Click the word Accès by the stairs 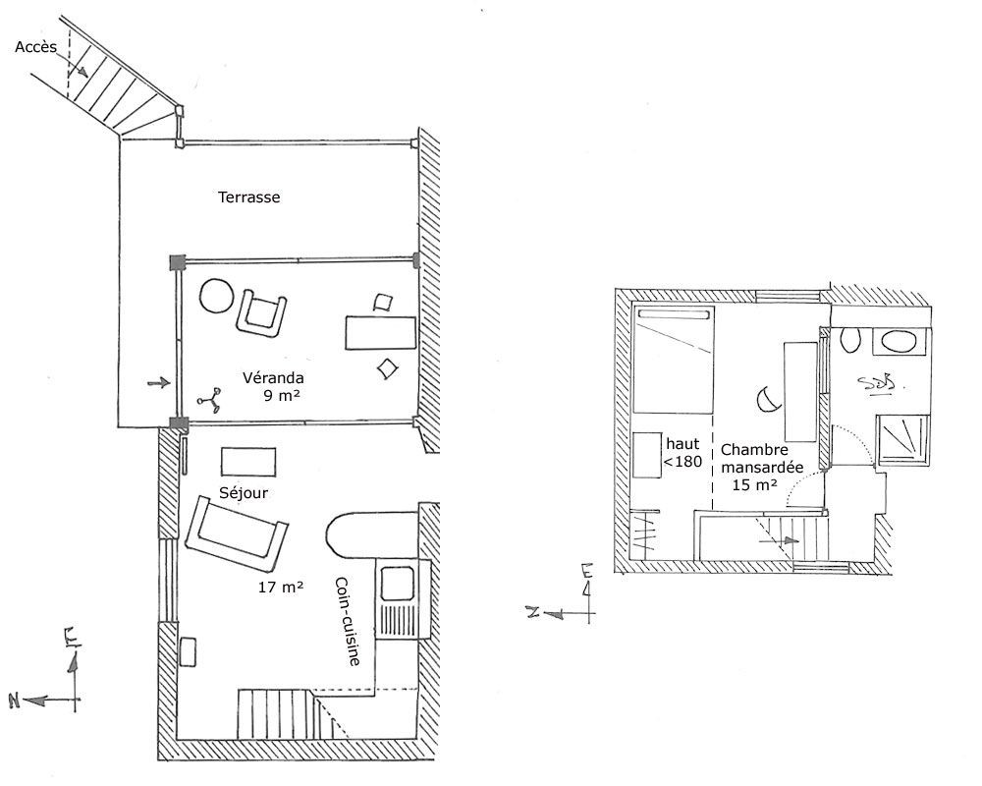point(35,47)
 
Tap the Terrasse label point(248,197)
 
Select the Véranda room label point(273,378)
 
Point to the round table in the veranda point(217,295)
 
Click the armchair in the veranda point(262,313)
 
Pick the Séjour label point(244,492)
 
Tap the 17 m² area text point(281,588)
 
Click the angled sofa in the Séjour point(237,533)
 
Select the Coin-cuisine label point(348,621)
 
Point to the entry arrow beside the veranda point(158,382)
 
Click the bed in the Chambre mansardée point(674,360)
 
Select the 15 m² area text point(754,484)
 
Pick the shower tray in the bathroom point(902,439)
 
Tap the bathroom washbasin point(899,342)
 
